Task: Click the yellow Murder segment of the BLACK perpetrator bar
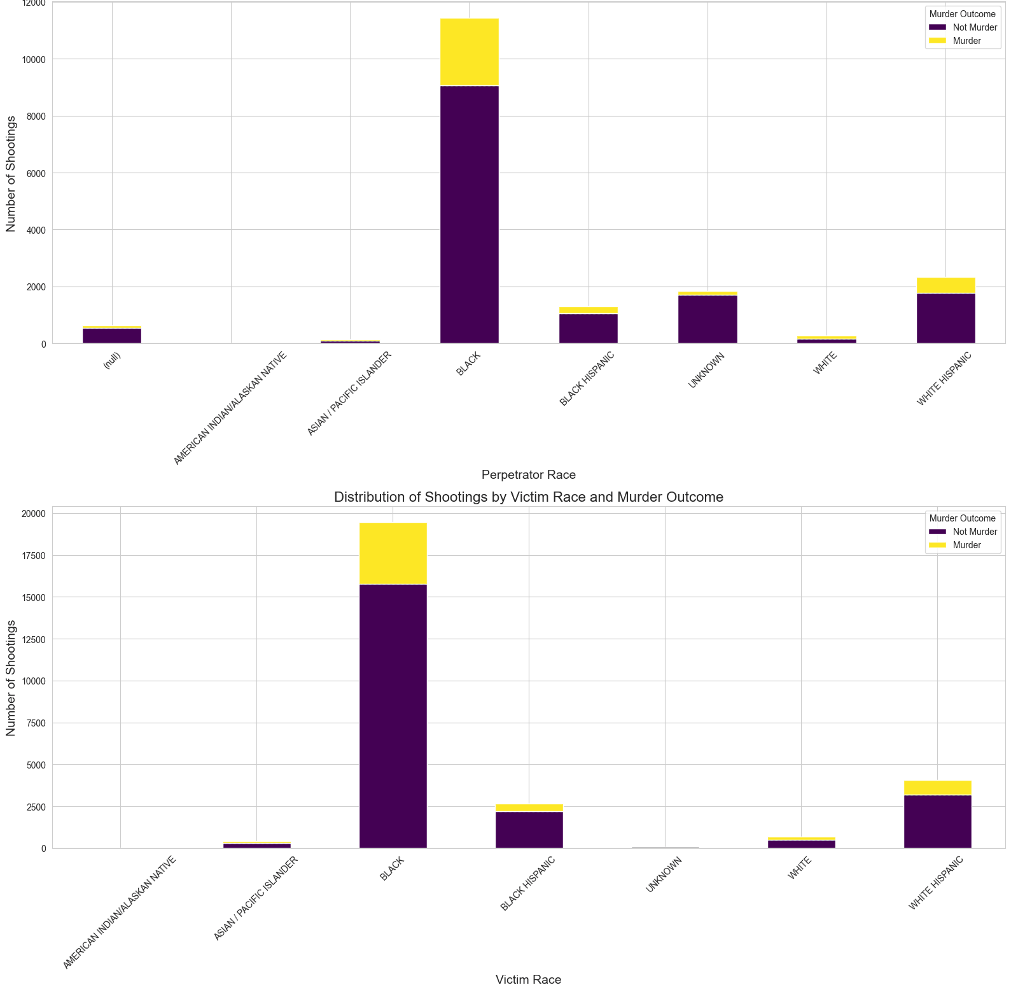469,52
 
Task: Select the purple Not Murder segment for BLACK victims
393,716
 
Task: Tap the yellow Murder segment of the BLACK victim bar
393,553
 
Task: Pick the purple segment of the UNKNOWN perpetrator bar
707,319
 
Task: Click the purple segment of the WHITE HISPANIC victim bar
937,821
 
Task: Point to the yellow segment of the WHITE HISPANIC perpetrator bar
945,285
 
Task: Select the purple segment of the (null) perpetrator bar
112,336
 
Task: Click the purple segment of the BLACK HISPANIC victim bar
529,830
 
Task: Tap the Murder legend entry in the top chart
966,41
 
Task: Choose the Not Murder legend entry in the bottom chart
974,532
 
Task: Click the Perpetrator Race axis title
528,475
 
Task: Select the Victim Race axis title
528,980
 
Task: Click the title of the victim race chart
528,497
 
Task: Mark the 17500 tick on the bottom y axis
32,556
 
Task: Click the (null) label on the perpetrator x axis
112,365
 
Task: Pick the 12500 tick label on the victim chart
32,639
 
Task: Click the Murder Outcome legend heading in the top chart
962,15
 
